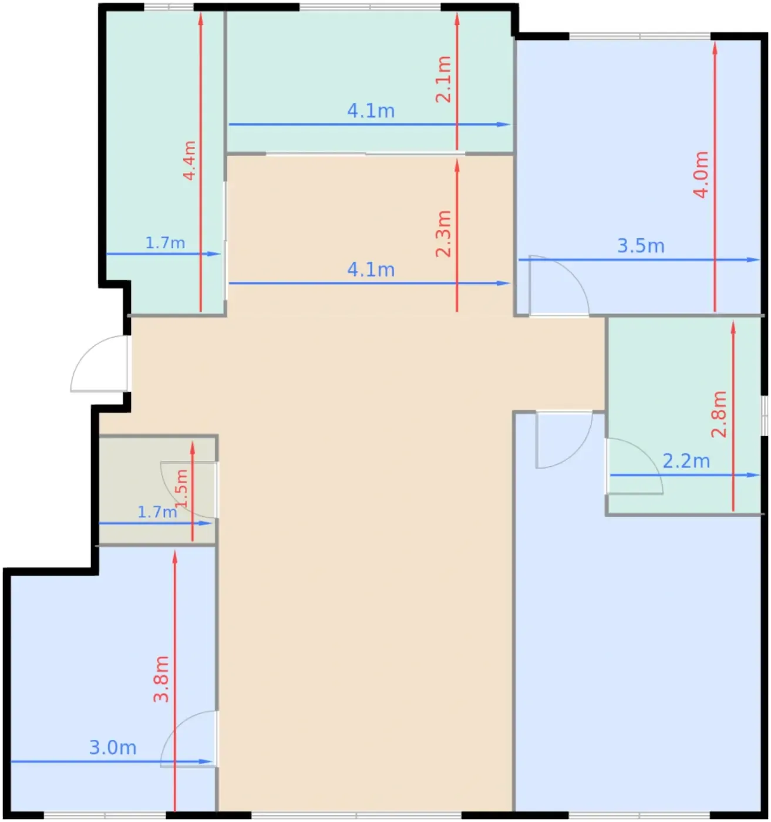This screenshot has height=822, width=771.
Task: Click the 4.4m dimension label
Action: tap(189, 161)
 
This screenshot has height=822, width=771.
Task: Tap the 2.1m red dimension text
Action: tap(443, 79)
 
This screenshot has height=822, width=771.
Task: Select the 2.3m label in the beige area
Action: tap(443, 234)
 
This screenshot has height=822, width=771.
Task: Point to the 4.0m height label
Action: tap(701, 174)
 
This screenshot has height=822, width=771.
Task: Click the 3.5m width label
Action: tap(641, 246)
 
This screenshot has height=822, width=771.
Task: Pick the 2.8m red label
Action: tap(719, 415)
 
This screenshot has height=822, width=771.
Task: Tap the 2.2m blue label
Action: tap(686, 461)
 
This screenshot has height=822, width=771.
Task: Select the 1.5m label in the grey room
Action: tap(182, 489)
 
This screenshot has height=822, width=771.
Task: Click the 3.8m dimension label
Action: tap(161, 679)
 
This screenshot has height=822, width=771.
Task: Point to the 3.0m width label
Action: tap(113, 747)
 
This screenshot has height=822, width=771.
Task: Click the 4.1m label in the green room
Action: tap(371, 111)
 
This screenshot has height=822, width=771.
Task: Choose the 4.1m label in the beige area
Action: tap(371, 270)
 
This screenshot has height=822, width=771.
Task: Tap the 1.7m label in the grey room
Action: tap(157, 513)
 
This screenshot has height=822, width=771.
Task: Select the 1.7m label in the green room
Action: tap(165, 243)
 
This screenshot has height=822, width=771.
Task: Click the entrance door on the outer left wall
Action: tap(99, 363)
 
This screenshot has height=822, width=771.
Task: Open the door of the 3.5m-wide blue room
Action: tap(559, 286)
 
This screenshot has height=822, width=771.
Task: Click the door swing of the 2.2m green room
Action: tap(634, 466)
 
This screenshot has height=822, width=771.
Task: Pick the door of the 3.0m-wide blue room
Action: tap(188, 739)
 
